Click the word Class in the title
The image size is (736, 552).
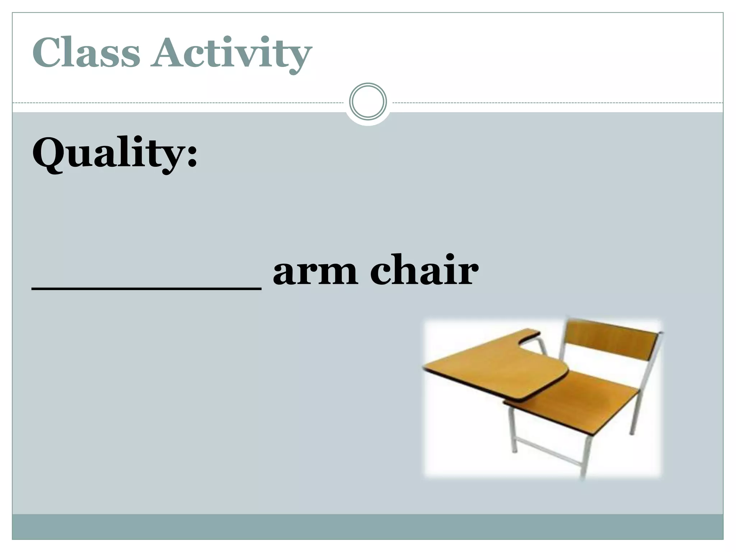pyautogui.click(x=86, y=53)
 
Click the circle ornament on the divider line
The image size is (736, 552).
pyautogui.click(x=368, y=102)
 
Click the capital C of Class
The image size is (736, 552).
pyautogui.click(x=47, y=53)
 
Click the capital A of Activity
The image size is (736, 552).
pyautogui.click(x=169, y=53)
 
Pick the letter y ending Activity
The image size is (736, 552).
pyautogui.click(x=298, y=57)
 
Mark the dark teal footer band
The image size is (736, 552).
pyautogui.click(x=368, y=526)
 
